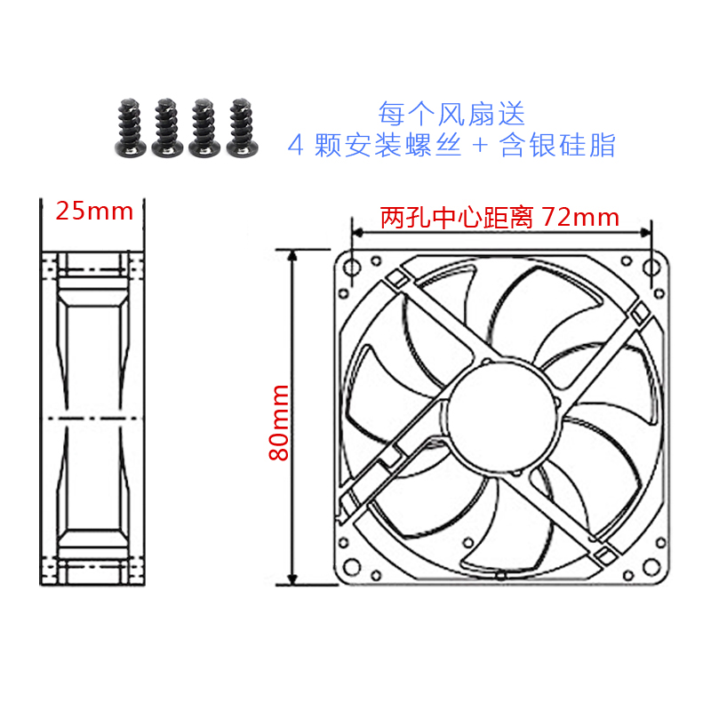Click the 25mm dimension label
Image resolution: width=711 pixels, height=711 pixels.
94,212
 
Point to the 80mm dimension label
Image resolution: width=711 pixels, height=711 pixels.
279,421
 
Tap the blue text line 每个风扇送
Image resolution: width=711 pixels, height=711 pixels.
451,114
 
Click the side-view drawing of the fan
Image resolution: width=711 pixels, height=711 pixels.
92,418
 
